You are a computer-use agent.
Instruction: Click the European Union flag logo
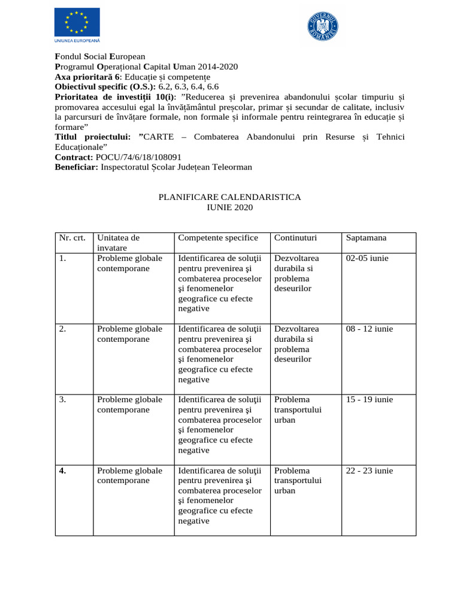point(77,23)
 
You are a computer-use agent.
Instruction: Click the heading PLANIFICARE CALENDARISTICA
point(229,197)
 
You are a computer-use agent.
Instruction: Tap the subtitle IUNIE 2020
point(229,207)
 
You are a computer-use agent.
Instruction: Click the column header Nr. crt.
point(72,238)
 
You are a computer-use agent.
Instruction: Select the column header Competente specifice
point(218,238)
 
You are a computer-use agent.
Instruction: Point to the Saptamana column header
point(366,238)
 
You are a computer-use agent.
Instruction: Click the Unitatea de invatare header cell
point(118,242)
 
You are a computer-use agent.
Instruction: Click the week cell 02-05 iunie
point(367,258)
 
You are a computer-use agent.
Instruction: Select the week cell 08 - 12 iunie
point(370,329)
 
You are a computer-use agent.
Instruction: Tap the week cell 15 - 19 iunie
point(370,399)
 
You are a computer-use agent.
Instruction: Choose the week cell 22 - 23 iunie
point(370,471)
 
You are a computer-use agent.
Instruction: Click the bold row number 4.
point(63,471)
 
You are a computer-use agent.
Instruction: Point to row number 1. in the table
point(62,258)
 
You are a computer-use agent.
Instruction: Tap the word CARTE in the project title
point(159,137)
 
